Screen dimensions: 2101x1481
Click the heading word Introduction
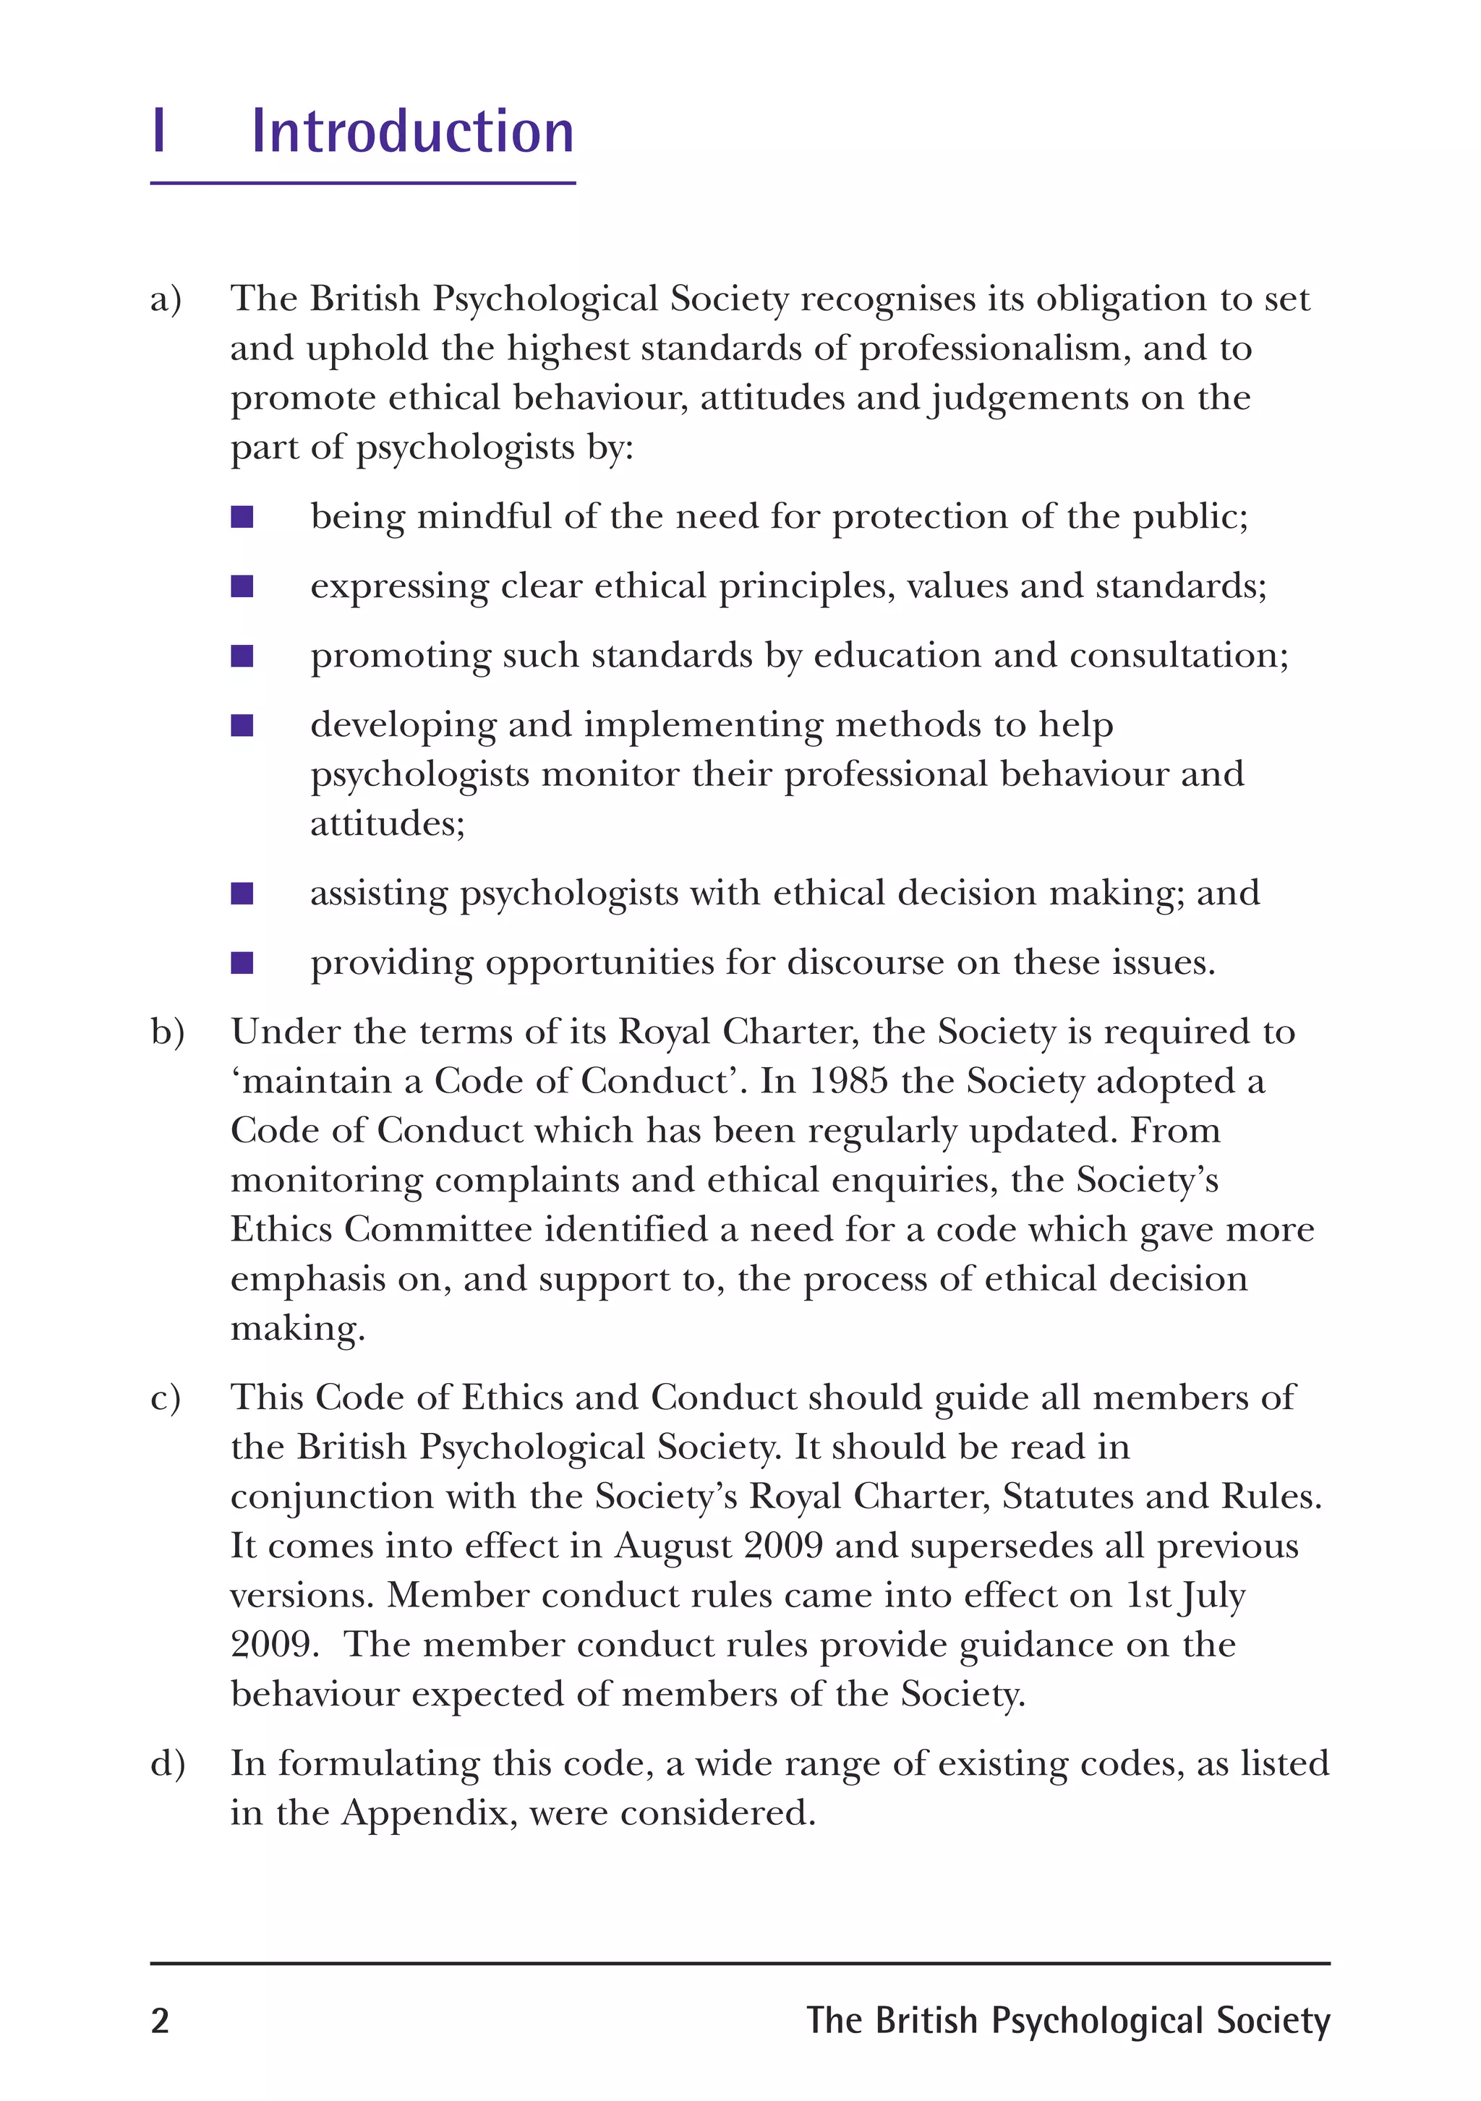(413, 132)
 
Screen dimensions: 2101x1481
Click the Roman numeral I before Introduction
(159, 132)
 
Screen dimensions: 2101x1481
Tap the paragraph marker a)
(166, 299)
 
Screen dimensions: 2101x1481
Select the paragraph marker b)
(168, 1032)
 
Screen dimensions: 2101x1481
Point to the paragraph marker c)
(166, 1398)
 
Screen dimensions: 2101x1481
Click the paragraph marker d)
(168, 1764)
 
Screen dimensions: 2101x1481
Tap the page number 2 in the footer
(161, 2021)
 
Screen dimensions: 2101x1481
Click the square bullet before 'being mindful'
(242, 518)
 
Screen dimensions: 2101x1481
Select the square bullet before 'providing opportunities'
(242, 962)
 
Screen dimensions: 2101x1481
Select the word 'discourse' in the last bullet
(865, 962)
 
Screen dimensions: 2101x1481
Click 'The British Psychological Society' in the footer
(1067, 2021)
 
